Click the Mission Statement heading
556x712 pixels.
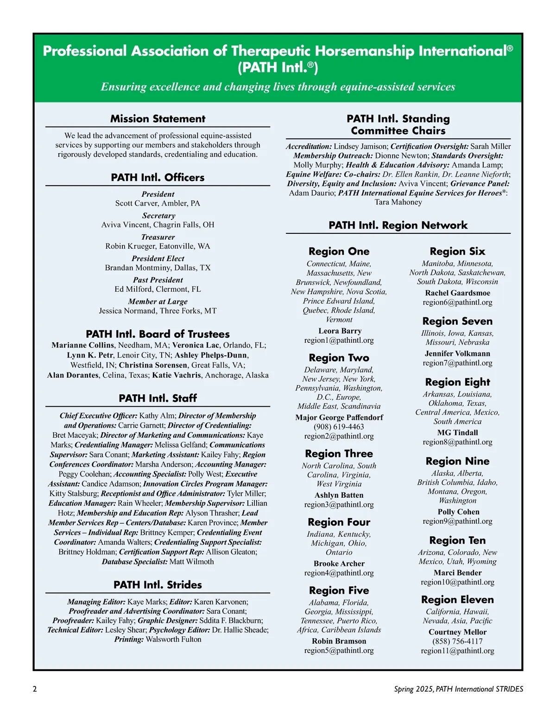[158, 119]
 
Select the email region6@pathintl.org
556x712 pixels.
[457, 302]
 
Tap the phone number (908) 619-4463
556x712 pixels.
[339, 427]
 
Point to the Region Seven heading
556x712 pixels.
[457, 321]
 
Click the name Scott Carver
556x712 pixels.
[136, 203]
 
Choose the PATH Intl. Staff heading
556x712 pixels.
[158, 398]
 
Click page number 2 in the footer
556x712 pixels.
[35, 689]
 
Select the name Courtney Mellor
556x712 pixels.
[457, 632]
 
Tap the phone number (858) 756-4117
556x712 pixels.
[457, 641]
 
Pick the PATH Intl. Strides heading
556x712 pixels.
[158, 585]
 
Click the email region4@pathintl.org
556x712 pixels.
[339, 573]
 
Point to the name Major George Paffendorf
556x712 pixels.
[339, 417]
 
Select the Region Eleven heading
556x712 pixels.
[457, 600]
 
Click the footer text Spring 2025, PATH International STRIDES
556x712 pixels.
[458, 689]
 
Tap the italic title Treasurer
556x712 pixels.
[158, 237]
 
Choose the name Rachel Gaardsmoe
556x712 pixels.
[457, 293]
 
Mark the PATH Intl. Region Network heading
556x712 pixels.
[398, 225]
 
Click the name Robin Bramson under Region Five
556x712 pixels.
[339, 641]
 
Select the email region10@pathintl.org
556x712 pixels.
[457, 582]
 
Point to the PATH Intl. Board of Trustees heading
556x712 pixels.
[158, 334]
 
